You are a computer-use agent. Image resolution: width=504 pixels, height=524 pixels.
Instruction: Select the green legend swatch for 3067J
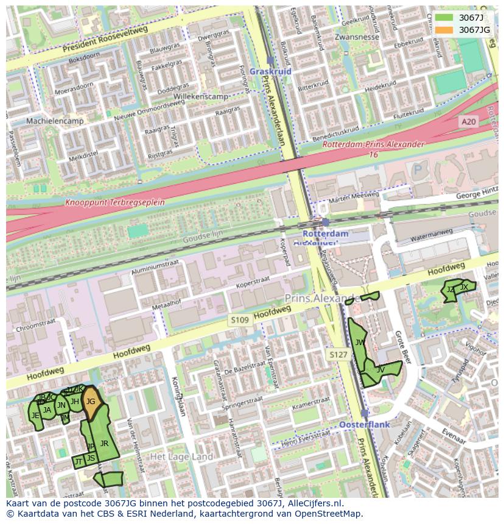444,18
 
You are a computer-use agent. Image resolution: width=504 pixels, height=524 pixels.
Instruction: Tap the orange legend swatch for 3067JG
444,30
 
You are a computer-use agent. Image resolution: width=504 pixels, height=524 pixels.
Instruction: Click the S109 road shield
239,320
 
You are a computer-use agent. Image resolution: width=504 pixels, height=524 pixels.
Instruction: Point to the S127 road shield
338,354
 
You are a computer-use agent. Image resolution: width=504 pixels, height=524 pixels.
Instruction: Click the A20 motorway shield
468,122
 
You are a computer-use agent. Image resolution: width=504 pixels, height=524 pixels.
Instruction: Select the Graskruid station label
270,71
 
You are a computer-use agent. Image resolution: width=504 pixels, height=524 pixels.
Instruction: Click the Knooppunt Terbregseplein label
115,202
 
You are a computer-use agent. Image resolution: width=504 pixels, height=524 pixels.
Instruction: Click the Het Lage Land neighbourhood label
181,456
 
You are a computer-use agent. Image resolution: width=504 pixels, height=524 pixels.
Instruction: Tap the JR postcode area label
104,444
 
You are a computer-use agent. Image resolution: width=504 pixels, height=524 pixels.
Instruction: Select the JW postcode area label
360,343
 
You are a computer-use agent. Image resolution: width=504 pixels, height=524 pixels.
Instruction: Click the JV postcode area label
380,369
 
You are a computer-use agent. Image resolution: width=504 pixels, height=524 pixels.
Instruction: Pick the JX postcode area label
464,287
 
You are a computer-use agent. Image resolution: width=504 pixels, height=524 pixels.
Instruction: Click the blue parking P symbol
417,170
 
